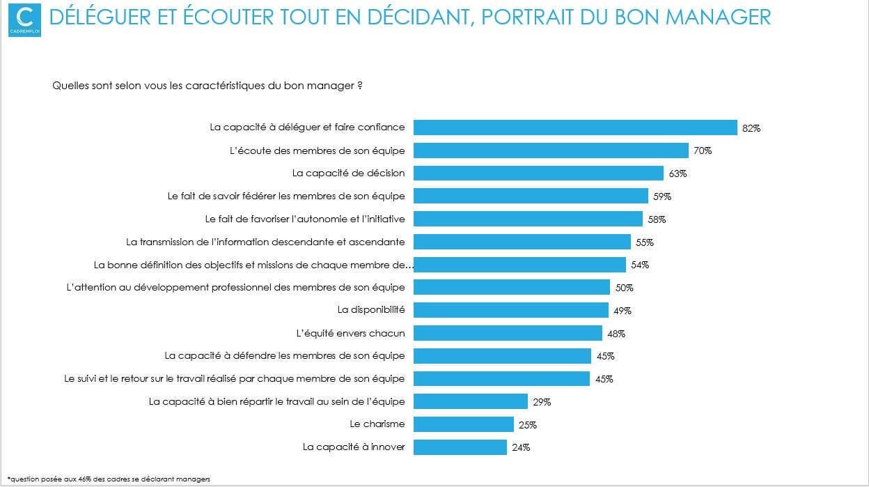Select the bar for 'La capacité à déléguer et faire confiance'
tap(575, 127)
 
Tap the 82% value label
tap(751, 128)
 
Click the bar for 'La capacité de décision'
tap(538, 173)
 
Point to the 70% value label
tap(703, 150)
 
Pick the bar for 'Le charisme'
tap(464, 424)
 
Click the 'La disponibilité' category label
tap(371, 309)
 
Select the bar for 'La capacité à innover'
tap(460, 447)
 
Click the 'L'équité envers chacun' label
tap(350, 333)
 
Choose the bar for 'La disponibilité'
tap(511, 310)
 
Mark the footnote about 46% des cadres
tap(109, 479)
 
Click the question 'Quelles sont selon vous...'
tap(207, 86)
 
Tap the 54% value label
tap(640, 265)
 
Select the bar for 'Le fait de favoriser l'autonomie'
tap(528, 219)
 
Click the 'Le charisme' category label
tap(377, 424)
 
